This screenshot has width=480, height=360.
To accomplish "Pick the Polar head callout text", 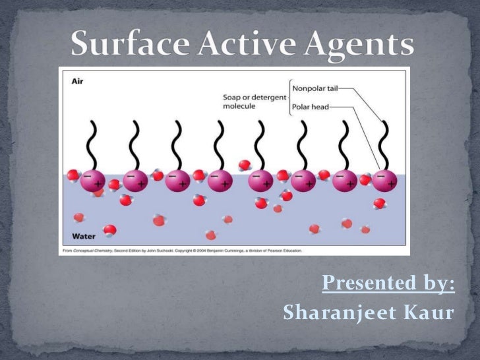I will click(x=311, y=106).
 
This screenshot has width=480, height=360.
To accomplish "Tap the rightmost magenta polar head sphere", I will click(x=384, y=181).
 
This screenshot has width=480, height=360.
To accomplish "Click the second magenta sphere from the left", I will click(x=135, y=181).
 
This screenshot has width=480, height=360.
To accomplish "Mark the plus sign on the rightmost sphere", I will click(x=392, y=184).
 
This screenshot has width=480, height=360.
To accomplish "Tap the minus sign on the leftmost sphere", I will click(x=86, y=175).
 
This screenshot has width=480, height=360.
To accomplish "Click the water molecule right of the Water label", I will click(x=110, y=230).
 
